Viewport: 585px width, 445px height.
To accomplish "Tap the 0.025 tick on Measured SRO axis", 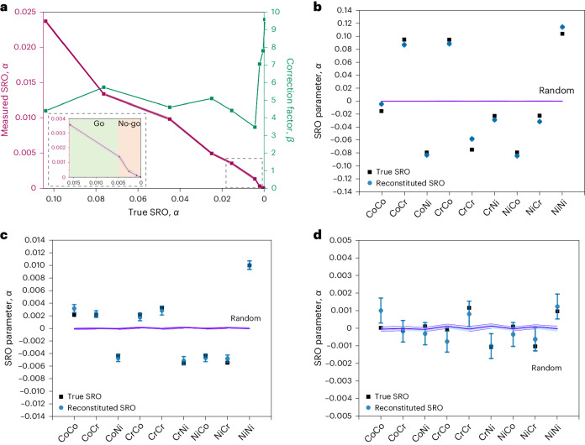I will [27, 10].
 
